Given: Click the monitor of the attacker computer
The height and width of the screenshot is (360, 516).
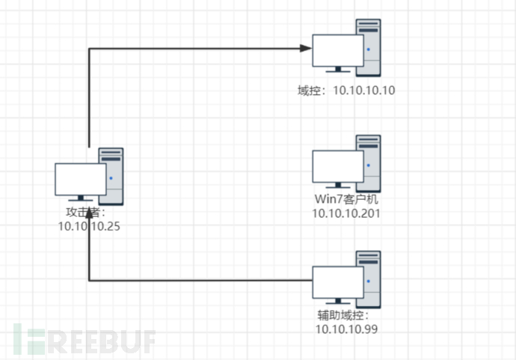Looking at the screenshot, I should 80,180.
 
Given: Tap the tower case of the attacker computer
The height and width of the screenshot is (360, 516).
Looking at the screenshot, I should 111,177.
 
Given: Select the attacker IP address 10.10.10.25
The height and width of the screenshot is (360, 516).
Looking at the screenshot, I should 89,225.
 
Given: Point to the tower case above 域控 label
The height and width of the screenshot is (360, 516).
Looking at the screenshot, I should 369,46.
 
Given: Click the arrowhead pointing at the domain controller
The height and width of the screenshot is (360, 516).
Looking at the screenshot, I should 307,49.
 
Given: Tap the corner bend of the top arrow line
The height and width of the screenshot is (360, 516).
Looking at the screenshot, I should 89,49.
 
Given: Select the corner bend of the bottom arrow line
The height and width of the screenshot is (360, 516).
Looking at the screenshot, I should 89,281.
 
